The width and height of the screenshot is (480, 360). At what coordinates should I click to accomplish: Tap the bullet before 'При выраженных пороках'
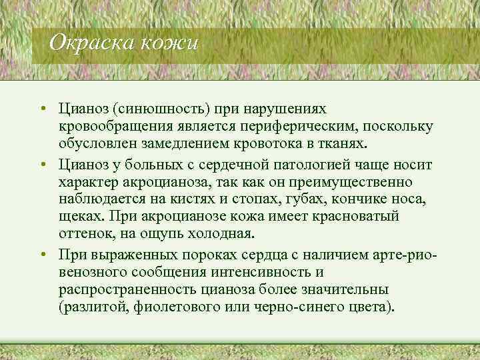tap(41, 254)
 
